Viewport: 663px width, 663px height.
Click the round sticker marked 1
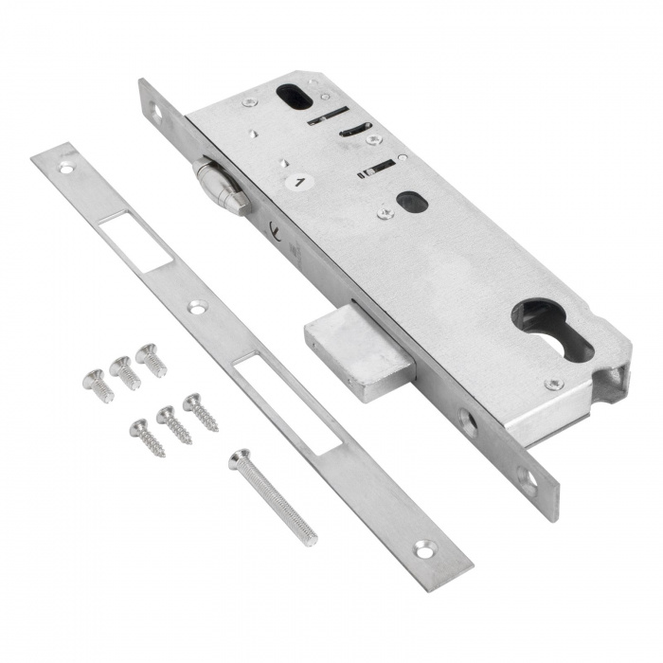(299, 182)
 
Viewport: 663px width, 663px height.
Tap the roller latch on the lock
(220, 185)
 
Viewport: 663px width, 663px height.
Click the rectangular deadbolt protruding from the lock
(360, 352)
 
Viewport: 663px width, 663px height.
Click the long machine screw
(273, 496)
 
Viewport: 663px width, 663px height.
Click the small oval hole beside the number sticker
(412, 202)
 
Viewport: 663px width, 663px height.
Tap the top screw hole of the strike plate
(66, 169)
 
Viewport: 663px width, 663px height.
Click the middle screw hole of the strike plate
(198, 307)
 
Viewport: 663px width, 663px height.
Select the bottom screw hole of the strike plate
(424, 549)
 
